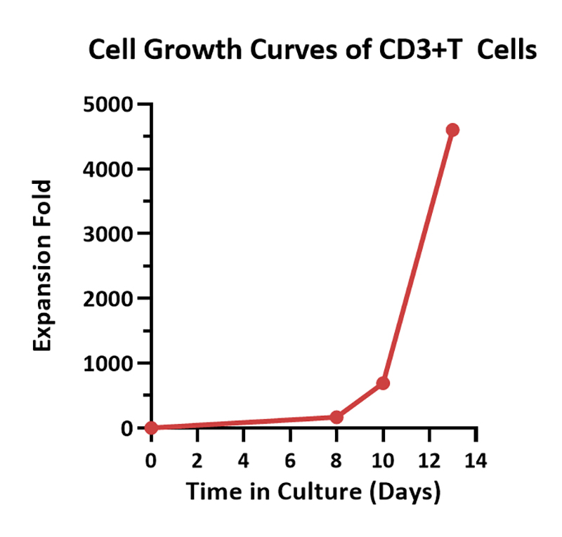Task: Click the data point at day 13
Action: (x=452, y=130)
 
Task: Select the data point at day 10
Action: (x=383, y=383)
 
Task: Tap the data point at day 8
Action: (x=336, y=417)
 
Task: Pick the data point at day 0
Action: (x=151, y=427)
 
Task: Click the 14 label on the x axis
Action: (x=476, y=461)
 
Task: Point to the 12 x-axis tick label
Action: (x=429, y=461)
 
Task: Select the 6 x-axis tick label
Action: (x=290, y=461)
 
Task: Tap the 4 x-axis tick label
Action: (x=244, y=461)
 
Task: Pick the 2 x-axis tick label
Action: (x=197, y=461)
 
